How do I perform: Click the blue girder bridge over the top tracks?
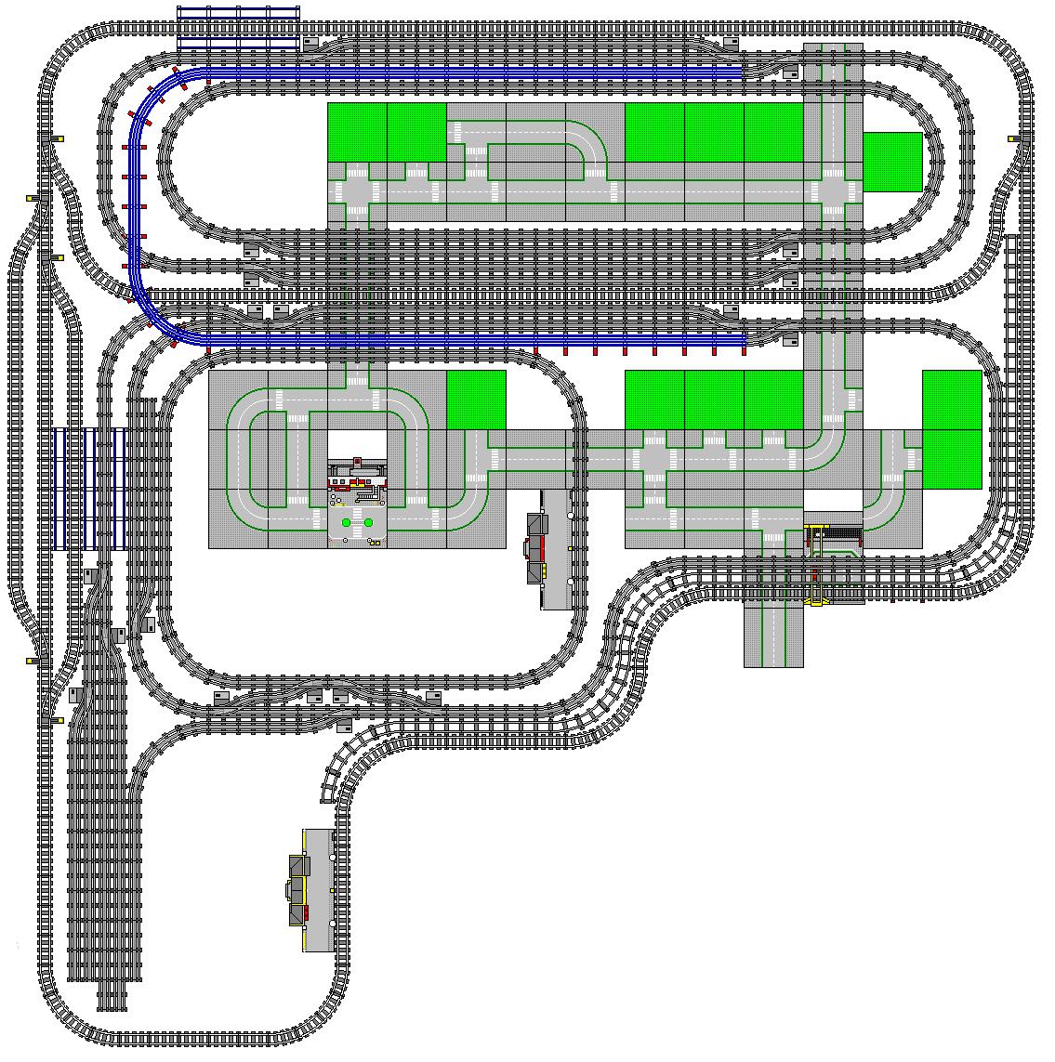click(239, 26)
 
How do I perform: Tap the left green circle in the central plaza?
click(346, 523)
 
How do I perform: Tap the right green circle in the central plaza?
click(368, 523)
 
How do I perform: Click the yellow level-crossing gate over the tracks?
click(817, 565)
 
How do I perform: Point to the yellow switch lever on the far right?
click(1015, 138)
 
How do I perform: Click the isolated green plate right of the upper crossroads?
click(892, 162)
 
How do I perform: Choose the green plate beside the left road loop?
click(476, 400)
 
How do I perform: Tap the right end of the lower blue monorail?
click(742, 341)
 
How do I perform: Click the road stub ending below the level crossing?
click(773, 650)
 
